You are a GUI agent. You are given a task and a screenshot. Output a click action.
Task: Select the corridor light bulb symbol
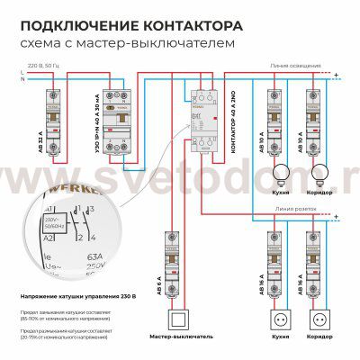click(318, 174)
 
